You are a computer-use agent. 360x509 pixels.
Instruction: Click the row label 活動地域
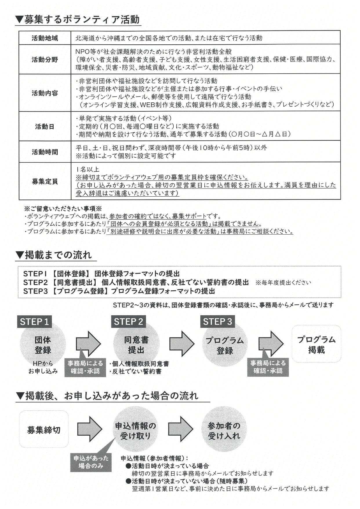pos(45,38)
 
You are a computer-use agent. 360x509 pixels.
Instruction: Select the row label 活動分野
pos(45,60)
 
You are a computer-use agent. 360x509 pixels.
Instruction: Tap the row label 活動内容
pos(45,93)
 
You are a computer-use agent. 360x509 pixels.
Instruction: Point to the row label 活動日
pos(45,126)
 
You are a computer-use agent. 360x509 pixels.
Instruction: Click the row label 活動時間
pos(45,152)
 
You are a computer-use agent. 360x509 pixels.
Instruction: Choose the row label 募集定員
pos(45,182)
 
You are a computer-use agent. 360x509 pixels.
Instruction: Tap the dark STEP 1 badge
pos(34,322)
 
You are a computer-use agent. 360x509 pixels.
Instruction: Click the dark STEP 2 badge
pos(128,322)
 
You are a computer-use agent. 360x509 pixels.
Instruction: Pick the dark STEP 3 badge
pos(217,322)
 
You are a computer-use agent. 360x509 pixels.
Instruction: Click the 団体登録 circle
pos(43,345)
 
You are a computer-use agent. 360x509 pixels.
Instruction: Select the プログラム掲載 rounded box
pos(316,344)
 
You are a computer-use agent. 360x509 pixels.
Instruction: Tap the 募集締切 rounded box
pos(44,430)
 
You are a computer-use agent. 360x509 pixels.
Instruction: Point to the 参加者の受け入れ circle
pos(224,431)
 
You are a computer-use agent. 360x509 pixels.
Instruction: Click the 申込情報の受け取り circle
pos(136,431)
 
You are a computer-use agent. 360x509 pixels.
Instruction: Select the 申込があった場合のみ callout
pos(91,462)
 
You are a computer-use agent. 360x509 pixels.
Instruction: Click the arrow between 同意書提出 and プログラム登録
pos(182,344)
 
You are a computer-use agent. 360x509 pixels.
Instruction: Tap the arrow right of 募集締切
pos(90,429)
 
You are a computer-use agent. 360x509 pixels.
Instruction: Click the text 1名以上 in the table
pos(88,169)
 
